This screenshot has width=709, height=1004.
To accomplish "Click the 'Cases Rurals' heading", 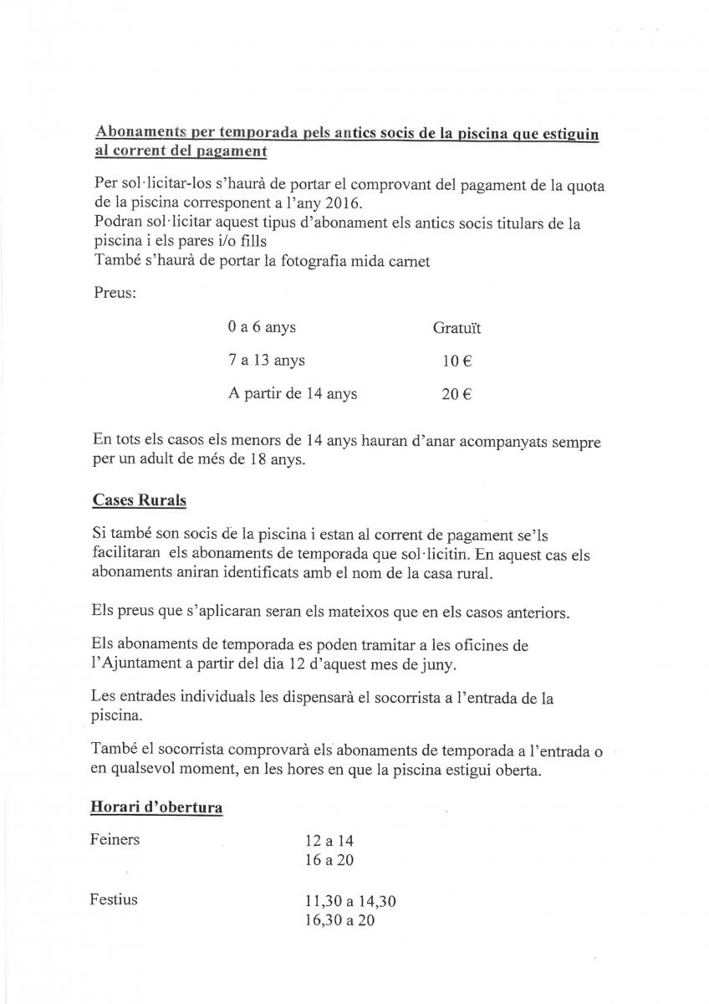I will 140,500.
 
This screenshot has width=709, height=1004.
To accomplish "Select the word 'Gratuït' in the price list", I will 457,328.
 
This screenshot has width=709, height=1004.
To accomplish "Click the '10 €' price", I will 457,361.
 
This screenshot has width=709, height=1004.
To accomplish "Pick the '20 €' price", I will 457,394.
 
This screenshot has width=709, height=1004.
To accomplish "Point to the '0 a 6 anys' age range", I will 262,328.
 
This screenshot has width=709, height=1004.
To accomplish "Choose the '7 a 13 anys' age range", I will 266,361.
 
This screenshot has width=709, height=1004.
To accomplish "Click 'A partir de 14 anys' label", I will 293,394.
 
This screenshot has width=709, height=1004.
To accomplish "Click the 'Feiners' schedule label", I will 115,839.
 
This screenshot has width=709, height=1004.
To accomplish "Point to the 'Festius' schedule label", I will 114,901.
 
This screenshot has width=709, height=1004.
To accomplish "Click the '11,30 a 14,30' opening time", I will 350,903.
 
